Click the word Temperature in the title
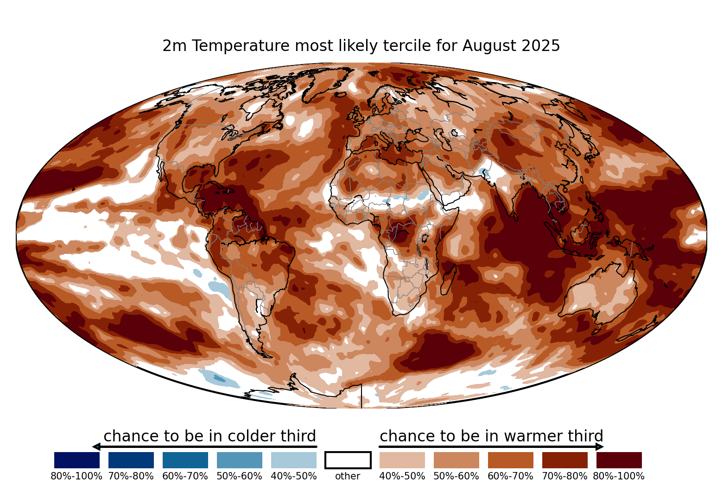(x=241, y=46)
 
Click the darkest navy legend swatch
(x=77, y=460)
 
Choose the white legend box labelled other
(x=348, y=460)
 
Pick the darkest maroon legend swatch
(x=619, y=460)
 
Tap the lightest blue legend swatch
(x=294, y=460)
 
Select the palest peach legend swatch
(x=402, y=460)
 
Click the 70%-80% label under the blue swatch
(x=131, y=476)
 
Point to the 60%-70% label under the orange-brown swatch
(x=510, y=476)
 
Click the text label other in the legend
(x=348, y=476)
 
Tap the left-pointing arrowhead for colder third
(x=96, y=447)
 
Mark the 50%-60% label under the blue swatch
(x=239, y=476)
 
